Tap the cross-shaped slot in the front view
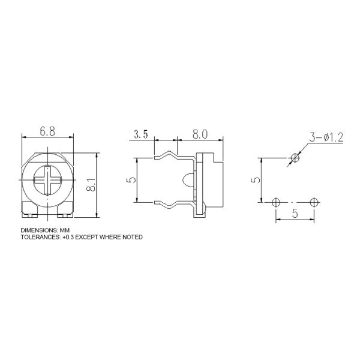47,181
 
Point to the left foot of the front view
29,210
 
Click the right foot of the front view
64,210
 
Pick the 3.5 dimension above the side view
141,134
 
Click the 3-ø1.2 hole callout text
326,138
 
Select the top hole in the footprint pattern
294,158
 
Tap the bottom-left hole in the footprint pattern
276,201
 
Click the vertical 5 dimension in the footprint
256,180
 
